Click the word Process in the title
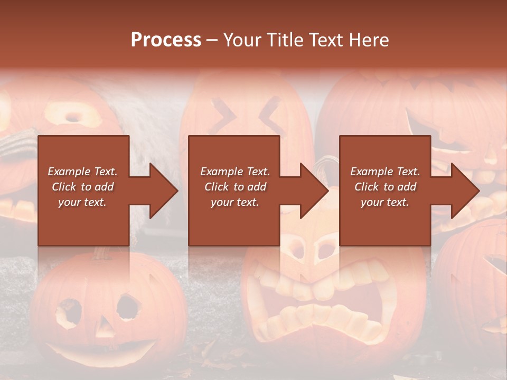(x=166, y=40)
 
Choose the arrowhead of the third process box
(x=464, y=191)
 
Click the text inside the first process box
(x=83, y=187)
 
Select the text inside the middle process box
(x=235, y=187)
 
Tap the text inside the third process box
(x=385, y=187)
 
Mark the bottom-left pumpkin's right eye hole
(x=128, y=307)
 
